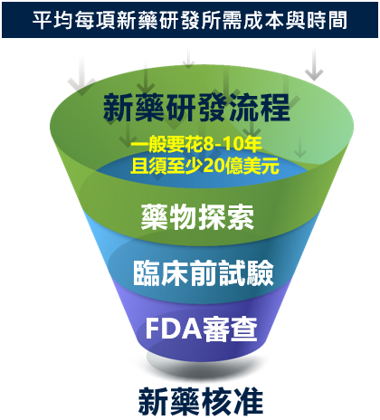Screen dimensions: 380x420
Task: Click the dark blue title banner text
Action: [x=190, y=21]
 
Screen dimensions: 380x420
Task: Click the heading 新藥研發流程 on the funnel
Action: [x=196, y=108]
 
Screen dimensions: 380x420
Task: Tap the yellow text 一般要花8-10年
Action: [x=196, y=144]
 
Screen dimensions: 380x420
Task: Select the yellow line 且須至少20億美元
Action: [x=204, y=166]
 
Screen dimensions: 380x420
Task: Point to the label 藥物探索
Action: [x=197, y=216]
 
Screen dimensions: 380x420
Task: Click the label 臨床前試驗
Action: [x=204, y=272]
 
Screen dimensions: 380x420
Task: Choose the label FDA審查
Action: [x=202, y=329]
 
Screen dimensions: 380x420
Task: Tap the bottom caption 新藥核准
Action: [x=201, y=401]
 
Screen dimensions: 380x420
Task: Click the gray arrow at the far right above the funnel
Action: [x=314, y=64]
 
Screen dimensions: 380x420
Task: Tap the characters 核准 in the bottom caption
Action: [x=232, y=401]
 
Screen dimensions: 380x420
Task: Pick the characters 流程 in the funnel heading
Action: [x=259, y=108]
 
